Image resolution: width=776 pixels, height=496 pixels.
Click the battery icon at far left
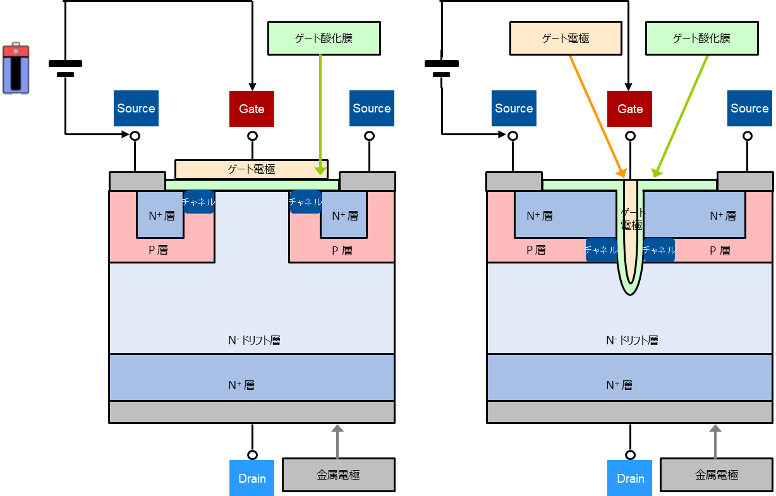[16, 69]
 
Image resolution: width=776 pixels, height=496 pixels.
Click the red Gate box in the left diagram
[252, 109]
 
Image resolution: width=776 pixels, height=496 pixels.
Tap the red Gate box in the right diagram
[629, 109]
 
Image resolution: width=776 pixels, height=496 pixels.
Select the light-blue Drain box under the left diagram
[252, 478]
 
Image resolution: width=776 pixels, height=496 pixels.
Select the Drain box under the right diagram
[630, 478]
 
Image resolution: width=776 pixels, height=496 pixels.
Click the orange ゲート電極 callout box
[566, 39]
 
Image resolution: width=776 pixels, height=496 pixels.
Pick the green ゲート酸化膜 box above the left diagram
[324, 39]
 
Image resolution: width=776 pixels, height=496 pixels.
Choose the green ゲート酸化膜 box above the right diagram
[701, 39]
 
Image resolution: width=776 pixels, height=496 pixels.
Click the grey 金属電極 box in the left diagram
[338, 475]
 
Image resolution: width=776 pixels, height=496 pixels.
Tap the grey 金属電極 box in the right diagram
[716, 475]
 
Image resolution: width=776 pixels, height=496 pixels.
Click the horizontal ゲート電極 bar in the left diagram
[252, 169]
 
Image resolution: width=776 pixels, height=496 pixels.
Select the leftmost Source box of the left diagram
[136, 108]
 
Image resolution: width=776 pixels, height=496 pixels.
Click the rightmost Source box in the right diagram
[749, 108]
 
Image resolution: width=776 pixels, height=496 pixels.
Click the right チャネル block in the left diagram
[305, 202]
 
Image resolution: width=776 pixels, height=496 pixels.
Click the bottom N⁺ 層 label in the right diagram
[619, 385]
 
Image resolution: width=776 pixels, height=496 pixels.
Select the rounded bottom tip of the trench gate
[630, 287]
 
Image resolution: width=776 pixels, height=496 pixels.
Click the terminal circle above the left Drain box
[252, 455]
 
